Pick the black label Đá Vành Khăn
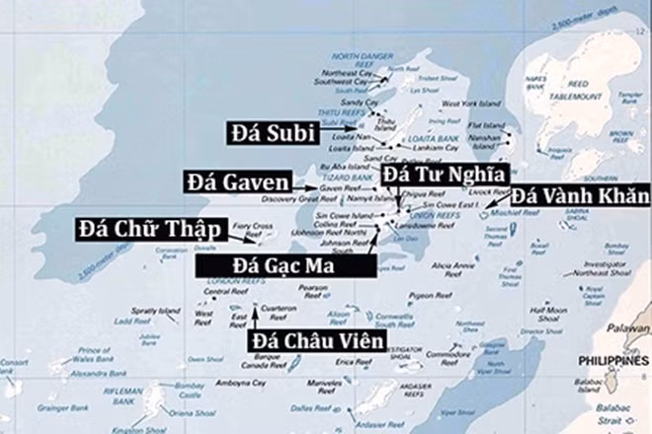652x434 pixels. (x=579, y=197)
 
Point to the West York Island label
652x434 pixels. (x=465, y=103)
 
